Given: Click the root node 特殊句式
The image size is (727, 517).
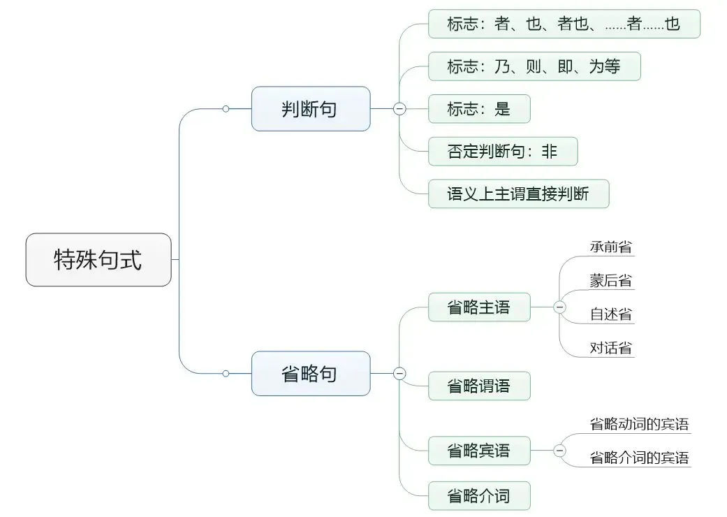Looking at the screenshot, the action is [98, 260].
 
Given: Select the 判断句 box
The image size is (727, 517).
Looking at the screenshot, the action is [311, 109].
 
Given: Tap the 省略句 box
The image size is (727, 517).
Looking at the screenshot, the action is [311, 374].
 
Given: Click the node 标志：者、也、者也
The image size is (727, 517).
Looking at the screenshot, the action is [564, 24].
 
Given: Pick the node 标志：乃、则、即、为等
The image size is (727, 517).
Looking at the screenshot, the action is [534, 66].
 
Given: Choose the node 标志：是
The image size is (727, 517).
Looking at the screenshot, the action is [479, 109].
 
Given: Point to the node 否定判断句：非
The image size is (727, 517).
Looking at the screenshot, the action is [503, 151].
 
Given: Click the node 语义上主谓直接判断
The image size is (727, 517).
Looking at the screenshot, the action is [518, 194].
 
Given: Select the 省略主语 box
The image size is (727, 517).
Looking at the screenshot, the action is [479, 307].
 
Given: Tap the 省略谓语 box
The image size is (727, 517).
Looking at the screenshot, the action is [479, 386].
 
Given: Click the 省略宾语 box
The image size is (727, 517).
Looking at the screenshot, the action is [479, 450].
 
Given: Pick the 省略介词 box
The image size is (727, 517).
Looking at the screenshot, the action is [479, 496].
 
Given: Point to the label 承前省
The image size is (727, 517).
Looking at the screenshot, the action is [610, 247].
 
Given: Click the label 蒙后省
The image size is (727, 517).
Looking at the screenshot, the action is [610, 281].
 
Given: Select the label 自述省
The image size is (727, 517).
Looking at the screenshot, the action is [610, 314].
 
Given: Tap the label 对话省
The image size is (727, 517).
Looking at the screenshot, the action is [610, 348].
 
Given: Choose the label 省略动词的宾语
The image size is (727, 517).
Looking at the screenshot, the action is [639, 424].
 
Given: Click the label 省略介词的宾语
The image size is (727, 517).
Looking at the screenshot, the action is [639, 458].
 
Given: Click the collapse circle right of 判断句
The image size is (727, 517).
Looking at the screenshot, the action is [399, 109].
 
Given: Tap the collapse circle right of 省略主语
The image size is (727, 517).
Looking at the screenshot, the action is [559, 307].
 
